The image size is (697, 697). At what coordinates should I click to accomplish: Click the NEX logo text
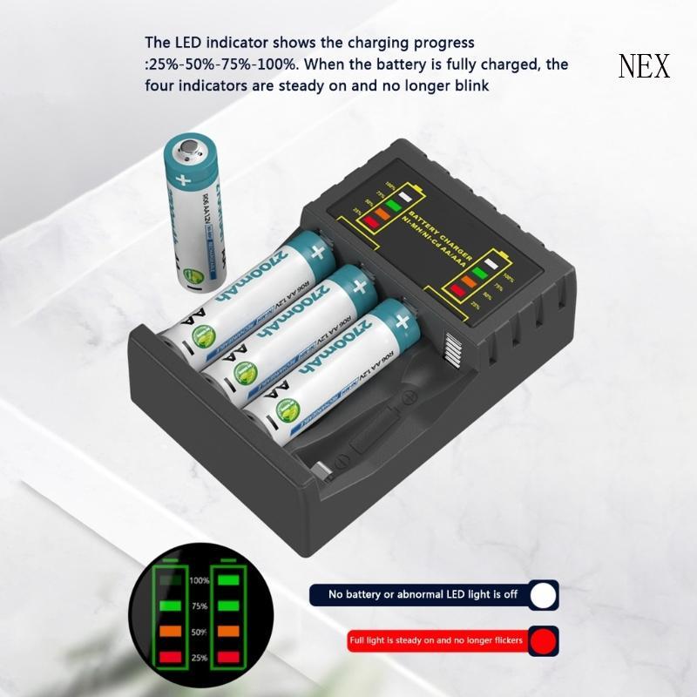click(644, 66)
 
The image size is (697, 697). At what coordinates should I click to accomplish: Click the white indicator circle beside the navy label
click(545, 595)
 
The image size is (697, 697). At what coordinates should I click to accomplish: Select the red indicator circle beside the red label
click(545, 641)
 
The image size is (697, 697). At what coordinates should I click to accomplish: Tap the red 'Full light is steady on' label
click(435, 641)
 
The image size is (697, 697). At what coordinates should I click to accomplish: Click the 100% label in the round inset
click(200, 580)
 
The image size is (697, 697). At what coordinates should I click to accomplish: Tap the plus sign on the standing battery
click(182, 182)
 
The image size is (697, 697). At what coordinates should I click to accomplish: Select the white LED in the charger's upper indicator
click(403, 194)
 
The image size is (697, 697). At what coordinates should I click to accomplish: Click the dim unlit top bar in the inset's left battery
click(171, 579)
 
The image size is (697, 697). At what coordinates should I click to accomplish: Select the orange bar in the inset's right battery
click(230, 630)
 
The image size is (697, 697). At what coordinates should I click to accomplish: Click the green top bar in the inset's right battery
click(230, 579)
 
